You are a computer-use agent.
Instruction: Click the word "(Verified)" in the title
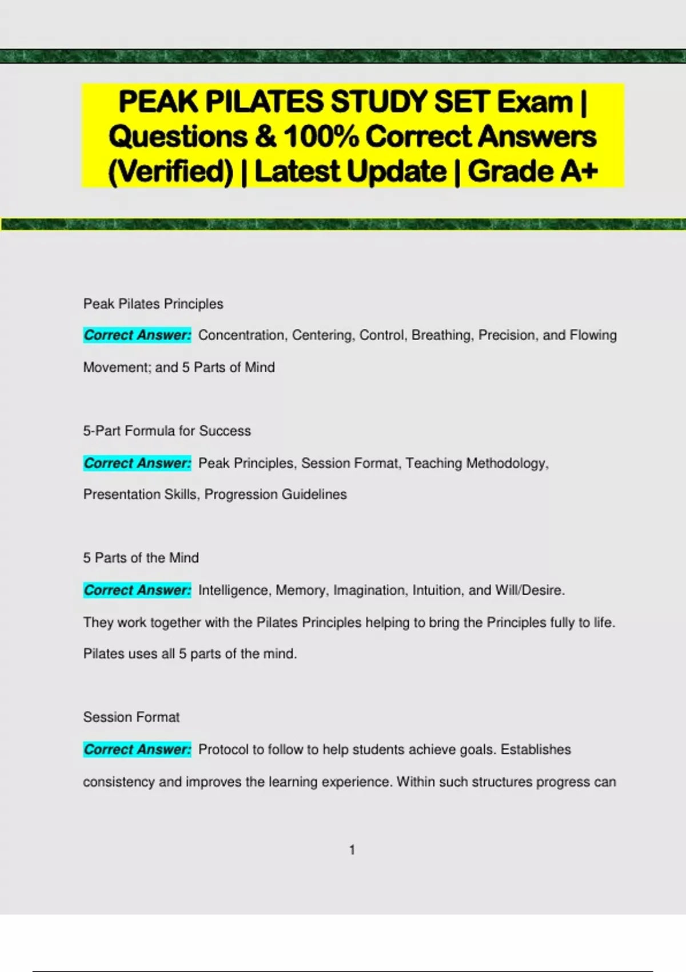(171, 172)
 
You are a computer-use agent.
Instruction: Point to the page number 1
(352, 850)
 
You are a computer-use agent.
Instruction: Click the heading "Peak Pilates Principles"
(153, 304)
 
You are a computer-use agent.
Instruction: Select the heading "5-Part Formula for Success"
(167, 431)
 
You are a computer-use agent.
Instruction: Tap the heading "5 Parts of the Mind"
(141, 557)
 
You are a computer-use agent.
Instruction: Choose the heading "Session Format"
(131, 717)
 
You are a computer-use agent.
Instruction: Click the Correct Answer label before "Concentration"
(137, 335)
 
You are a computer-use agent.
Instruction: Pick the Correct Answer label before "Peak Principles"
(137, 463)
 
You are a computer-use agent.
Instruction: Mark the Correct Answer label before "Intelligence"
(137, 590)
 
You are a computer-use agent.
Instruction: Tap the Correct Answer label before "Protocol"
(137, 750)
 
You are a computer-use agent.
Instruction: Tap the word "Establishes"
(536, 750)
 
